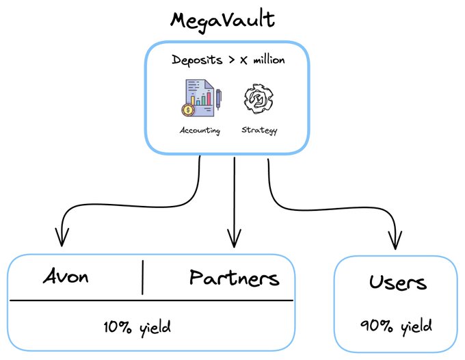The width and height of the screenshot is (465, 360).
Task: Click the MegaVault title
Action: (x=222, y=18)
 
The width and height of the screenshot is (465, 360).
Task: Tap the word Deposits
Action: (x=197, y=60)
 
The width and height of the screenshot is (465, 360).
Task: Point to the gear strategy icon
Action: (x=258, y=100)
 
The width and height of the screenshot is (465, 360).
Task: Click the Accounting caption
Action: (x=200, y=130)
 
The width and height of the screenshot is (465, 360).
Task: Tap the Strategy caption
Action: (x=259, y=130)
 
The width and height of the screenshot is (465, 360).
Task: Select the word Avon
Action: (x=66, y=277)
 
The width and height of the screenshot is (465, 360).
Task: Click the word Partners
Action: (x=234, y=277)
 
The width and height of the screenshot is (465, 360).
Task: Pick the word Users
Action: (x=397, y=282)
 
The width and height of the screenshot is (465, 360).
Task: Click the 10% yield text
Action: (x=137, y=327)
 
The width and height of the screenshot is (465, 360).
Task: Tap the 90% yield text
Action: (x=397, y=326)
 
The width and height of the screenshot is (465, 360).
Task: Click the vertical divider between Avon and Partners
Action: (x=143, y=277)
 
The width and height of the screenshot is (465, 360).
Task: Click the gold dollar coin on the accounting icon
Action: (x=187, y=110)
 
